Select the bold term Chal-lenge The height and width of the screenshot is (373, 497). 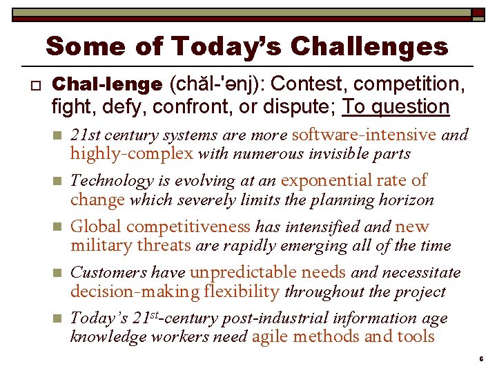point(107,84)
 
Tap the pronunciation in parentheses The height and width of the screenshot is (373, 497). point(215,84)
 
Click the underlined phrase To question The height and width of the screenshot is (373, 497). point(396,106)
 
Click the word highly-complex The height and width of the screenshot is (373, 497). point(131,153)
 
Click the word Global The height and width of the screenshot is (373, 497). point(96,227)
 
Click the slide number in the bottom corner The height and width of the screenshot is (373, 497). point(481,361)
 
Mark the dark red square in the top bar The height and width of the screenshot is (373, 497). point(478,13)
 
